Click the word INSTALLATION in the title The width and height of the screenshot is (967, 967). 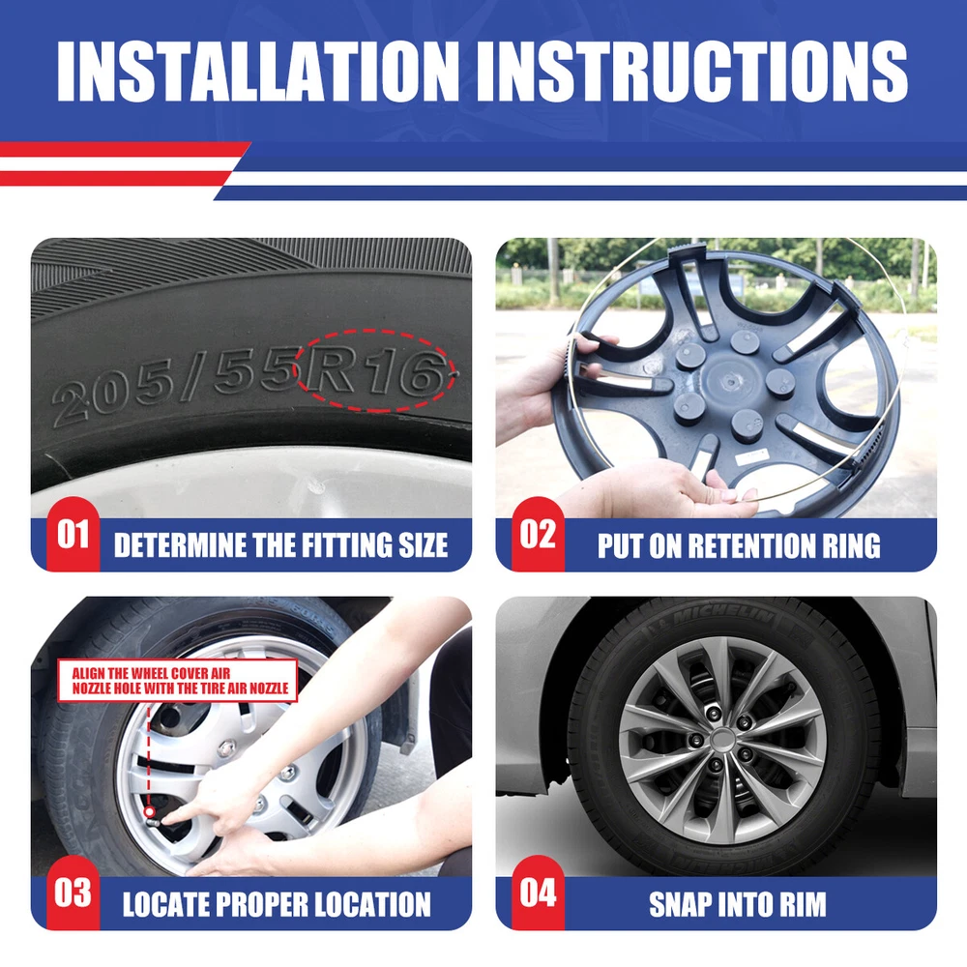[258, 71]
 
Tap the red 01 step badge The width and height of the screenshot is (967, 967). [73, 534]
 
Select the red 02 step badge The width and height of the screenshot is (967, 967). [538, 534]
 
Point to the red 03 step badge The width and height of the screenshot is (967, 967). [73, 893]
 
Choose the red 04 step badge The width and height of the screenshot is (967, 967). [538, 893]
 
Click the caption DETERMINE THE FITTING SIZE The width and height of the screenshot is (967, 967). [281, 545]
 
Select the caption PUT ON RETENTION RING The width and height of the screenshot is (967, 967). [739, 545]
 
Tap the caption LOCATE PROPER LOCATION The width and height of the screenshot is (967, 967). [277, 904]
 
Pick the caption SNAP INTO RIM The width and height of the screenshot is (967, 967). [738, 904]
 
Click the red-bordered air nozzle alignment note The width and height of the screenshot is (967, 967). [178, 680]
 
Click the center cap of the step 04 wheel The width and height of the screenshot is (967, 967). [721, 740]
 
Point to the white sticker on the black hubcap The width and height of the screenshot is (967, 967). [751, 457]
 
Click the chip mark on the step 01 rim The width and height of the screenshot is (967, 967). [317, 486]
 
